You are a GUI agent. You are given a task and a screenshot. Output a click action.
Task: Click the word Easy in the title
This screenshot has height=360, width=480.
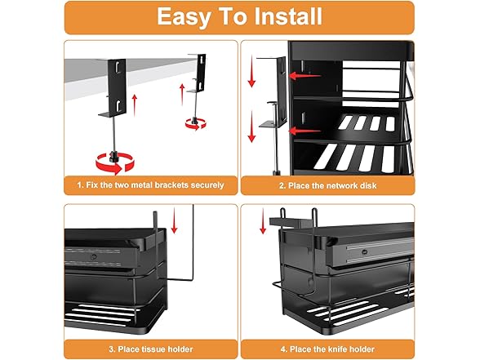183,17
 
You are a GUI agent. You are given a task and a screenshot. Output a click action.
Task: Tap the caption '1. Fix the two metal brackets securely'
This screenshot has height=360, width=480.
150,185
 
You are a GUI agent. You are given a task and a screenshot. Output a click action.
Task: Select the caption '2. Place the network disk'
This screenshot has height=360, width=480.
328,186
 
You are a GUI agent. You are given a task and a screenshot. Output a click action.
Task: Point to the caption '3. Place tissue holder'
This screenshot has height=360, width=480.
150,349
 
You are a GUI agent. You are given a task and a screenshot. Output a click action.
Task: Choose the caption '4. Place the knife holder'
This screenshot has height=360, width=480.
327,349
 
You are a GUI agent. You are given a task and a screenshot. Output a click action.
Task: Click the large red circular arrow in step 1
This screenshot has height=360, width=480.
115,163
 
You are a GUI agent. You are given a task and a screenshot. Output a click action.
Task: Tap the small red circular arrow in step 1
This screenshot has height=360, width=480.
196,124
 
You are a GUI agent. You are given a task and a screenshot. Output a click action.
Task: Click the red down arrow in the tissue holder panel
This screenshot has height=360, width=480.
174,220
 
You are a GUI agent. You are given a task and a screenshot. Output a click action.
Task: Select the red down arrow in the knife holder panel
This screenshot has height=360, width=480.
263,221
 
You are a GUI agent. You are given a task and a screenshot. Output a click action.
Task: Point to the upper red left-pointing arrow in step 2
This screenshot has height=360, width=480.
304,75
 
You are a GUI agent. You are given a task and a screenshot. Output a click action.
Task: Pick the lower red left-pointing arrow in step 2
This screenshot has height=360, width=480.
304,131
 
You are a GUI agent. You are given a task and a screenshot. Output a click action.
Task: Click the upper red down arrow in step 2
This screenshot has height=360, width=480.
251,71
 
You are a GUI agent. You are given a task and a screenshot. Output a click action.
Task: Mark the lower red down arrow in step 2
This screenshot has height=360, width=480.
251,127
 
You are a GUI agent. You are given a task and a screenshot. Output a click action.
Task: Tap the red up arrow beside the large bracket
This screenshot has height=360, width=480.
134,105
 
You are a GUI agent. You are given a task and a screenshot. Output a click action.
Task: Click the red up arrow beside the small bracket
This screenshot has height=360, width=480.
182,95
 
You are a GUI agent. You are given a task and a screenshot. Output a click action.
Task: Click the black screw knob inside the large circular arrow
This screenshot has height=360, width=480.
114,157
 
